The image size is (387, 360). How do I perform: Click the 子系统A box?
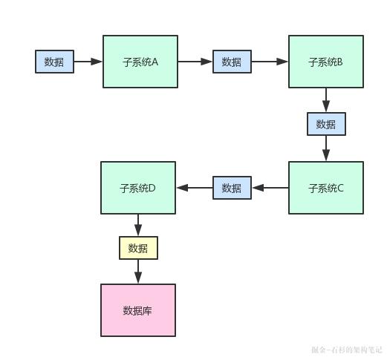pos(140,62)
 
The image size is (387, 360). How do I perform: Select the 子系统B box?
pos(325,62)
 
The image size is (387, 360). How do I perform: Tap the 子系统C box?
pos(325,188)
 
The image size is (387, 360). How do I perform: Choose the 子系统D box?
pos(138,188)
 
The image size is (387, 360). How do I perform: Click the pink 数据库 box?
pos(138,310)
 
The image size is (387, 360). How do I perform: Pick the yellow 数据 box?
pos(138,248)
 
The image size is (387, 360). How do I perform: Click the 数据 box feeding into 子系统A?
pos(54,62)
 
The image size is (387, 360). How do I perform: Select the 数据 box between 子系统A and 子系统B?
pos(232,62)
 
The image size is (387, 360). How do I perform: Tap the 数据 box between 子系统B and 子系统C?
pos(326,124)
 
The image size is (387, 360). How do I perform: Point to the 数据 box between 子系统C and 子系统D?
pos(232,188)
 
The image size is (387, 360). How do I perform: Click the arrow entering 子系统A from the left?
pos(88,62)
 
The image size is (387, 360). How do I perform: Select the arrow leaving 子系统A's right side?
pos(195,62)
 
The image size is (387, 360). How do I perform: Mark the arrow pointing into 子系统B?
pos(270,62)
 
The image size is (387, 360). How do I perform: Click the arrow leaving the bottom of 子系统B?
pos(326,100)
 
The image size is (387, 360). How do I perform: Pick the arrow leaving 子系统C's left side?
pos(270,188)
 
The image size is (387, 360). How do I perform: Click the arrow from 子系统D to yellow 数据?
pos(138,226)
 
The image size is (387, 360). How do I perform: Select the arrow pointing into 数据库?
pos(138,272)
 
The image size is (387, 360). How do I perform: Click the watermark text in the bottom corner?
pos(346,349)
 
